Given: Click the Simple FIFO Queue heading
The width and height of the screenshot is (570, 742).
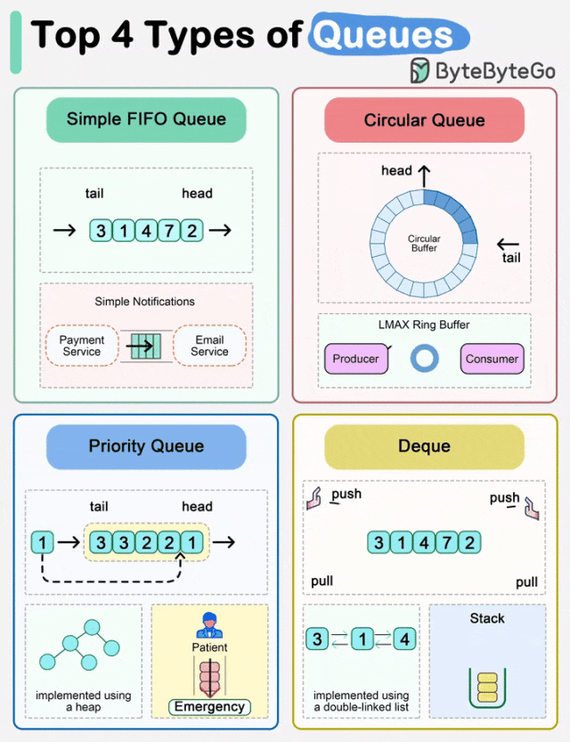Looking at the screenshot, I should tap(146, 120).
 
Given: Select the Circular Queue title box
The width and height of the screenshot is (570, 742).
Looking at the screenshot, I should tap(424, 120).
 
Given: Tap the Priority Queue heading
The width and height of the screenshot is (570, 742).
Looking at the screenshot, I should tap(146, 446).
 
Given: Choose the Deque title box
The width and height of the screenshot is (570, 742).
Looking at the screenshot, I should tap(424, 446).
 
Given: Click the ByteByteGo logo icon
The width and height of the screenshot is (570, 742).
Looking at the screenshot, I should tap(419, 71).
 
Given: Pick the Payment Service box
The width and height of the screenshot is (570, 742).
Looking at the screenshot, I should tap(82, 346).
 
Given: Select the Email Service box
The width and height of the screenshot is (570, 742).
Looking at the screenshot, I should tap(209, 346).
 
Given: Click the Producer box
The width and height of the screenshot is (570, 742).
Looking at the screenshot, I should tap(355, 359).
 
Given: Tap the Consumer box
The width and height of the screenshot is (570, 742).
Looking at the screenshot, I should tap(492, 359).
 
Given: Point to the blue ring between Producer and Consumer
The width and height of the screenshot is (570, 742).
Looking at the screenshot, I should tap(424, 359).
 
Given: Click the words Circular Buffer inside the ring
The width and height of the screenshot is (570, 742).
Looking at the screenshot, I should tap(424, 243).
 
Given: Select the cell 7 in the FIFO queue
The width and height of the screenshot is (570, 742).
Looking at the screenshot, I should tap(169, 231).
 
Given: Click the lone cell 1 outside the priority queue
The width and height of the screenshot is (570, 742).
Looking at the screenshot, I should tap(41, 542).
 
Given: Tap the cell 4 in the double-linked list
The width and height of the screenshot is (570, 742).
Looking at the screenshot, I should tap(404, 639).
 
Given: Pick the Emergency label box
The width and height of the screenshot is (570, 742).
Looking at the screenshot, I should tap(209, 707).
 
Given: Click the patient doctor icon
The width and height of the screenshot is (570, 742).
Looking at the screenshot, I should tap(209, 624).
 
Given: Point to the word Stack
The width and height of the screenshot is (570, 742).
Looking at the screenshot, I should tap(487, 618).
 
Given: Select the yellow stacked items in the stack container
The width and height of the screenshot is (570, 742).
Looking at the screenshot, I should tap(486, 688).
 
